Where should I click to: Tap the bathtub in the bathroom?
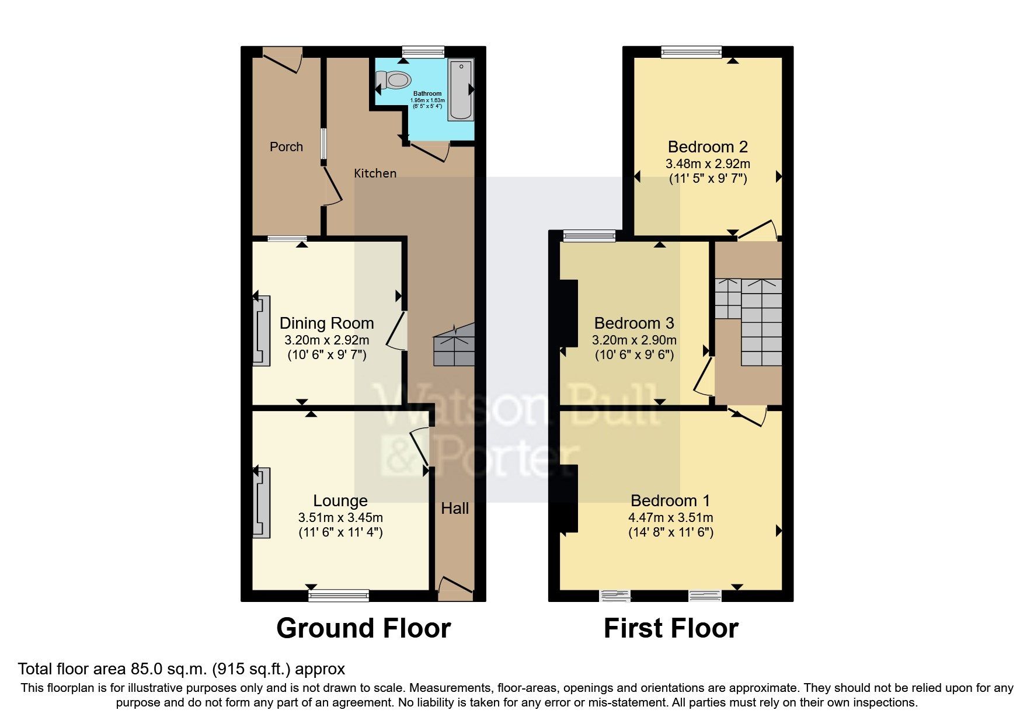(461, 90)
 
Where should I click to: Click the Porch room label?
(286, 147)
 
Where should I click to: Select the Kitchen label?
(375, 173)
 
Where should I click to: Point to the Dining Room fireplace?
(262, 331)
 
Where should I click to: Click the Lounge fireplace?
(262, 502)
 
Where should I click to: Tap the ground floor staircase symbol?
(454, 346)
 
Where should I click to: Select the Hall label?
(455, 509)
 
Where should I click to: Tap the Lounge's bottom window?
(339, 596)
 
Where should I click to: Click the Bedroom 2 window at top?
(691, 53)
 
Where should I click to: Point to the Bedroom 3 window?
(589, 236)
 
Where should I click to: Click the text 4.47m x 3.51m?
(670, 518)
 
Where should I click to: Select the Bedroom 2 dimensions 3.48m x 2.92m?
(708, 164)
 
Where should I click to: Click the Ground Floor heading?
(363, 629)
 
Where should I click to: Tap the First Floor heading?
(671, 629)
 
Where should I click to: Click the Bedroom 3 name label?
(634, 323)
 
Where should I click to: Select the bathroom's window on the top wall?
(423, 53)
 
